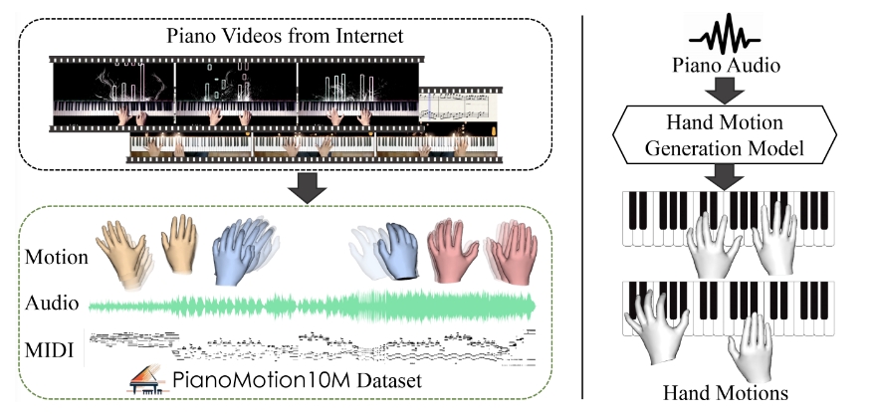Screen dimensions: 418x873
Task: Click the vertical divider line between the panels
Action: coord(582,209)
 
